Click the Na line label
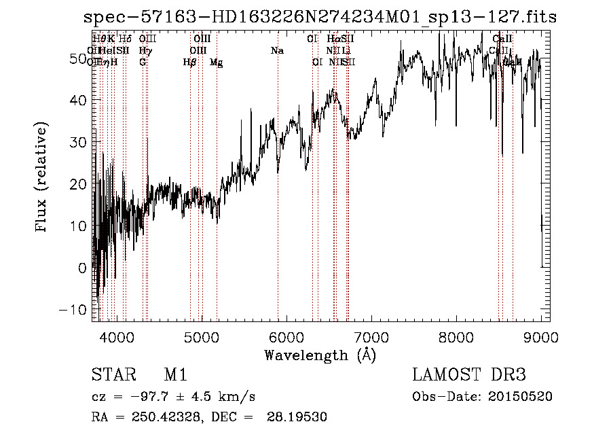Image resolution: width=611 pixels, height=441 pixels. (277, 51)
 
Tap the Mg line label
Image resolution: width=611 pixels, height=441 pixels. (216, 63)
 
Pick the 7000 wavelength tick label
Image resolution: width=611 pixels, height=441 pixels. (371, 336)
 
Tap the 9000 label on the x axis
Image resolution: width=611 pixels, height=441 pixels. (540, 336)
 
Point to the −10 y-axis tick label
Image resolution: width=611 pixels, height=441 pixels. (75, 309)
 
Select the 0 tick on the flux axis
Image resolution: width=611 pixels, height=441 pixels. (83, 268)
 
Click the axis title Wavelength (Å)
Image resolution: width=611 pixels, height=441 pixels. (319, 355)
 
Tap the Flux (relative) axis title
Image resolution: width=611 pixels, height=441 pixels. (42, 178)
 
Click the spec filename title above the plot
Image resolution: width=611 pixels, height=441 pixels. (319, 18)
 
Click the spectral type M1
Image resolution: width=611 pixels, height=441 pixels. (175, 375)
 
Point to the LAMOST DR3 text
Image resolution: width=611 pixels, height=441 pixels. (469, 375)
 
